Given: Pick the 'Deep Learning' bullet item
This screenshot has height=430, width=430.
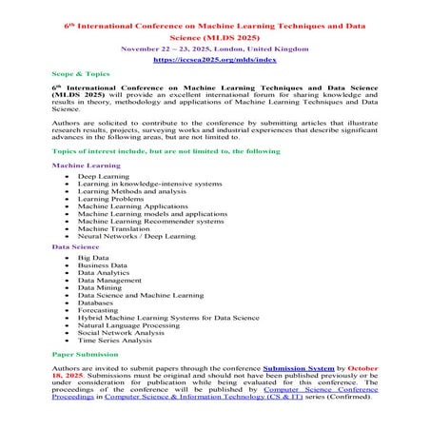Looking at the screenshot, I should [99, 177].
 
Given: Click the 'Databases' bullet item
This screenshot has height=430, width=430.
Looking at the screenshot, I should [98, 303].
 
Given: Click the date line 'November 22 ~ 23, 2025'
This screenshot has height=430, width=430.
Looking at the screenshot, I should [214, 45].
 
